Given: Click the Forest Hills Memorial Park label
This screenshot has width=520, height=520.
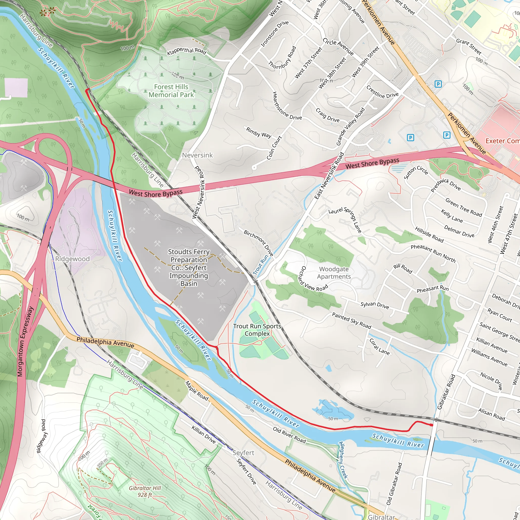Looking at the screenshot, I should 171,91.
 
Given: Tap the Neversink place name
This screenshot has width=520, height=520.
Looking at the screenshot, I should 197,155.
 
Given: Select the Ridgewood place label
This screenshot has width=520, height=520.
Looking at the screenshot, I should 72,259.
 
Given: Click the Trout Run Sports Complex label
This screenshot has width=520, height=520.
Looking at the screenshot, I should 257,330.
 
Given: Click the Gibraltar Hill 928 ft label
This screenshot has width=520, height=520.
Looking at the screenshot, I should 145,491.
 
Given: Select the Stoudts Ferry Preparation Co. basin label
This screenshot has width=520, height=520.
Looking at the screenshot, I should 189,268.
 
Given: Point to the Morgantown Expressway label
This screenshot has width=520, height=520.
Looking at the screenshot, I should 25,341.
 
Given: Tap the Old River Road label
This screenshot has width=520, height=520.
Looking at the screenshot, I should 289,435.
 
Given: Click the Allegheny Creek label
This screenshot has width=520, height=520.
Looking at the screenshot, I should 343,460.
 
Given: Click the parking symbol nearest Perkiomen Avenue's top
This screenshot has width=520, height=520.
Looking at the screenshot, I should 438,84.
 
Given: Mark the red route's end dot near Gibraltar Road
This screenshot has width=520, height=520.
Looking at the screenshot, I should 431,425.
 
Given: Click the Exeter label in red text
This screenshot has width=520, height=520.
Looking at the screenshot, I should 502,141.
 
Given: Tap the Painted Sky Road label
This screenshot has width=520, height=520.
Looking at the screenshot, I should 351,321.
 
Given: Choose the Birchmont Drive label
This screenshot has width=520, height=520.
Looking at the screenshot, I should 258,243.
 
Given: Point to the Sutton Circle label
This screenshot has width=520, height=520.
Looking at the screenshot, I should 416,172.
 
